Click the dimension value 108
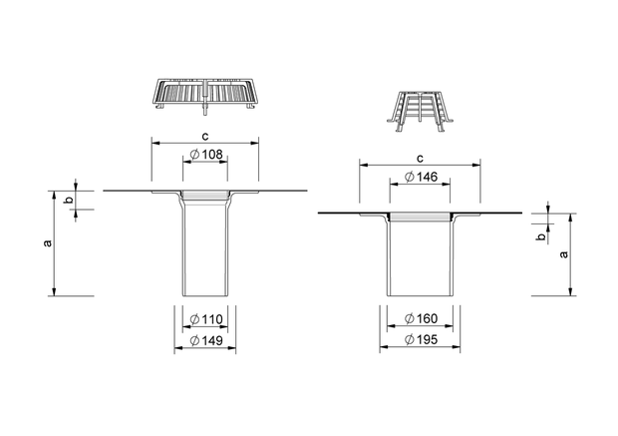click(212, 155)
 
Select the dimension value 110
click(212, 319)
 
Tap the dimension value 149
click(212, 340)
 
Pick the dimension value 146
click(427, 177)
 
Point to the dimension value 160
click(427, 318)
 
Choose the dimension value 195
click(427, 339)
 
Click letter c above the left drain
click(205, 137)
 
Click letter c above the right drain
click(421, 159)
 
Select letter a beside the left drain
click(47, 243)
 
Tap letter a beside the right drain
click(564, 254)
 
